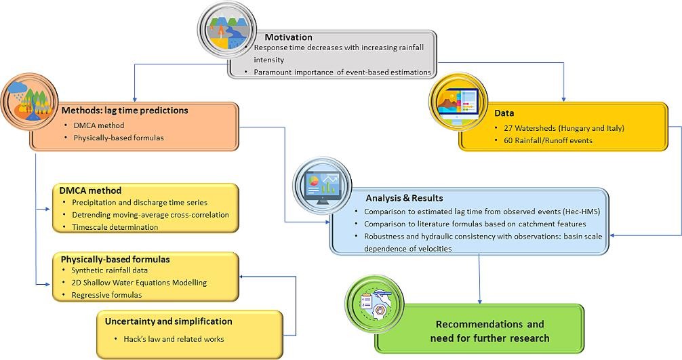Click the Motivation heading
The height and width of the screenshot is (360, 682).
tap(288, 37)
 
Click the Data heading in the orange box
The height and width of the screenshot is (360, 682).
tap(504, 113)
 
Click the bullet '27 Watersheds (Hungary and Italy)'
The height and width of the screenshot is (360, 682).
tap(560, 127)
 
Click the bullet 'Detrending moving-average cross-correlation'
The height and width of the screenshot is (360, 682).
tap(150, 214)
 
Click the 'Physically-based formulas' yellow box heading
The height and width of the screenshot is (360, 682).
tap(115, 259)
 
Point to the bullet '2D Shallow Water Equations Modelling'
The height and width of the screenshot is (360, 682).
tap(139, 282)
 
